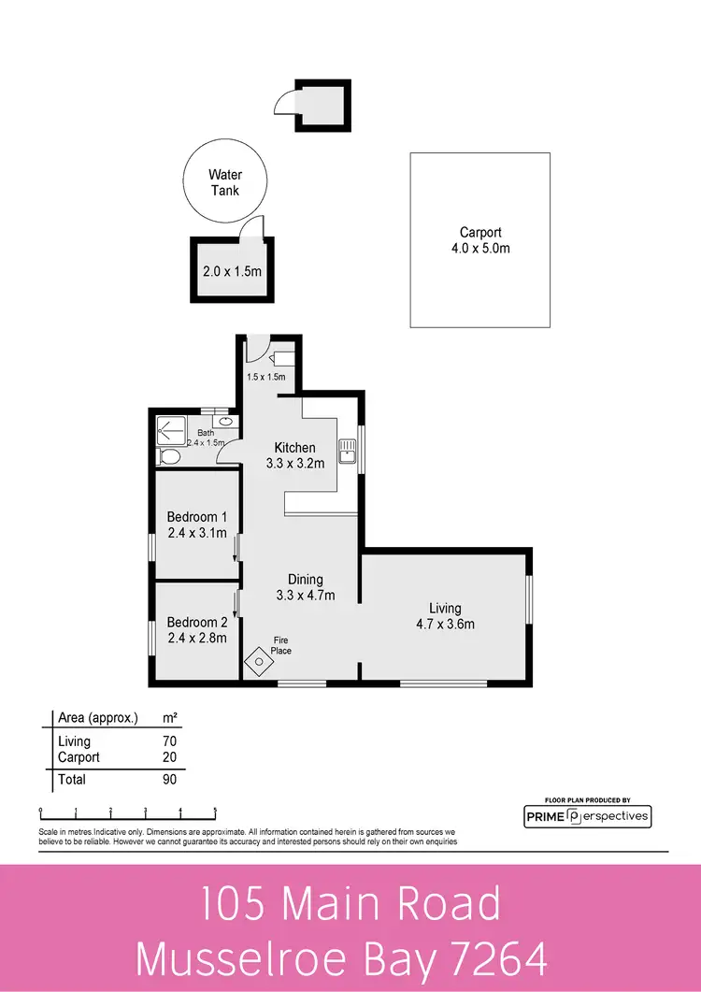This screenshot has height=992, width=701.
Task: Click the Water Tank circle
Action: click(x=224, y=182)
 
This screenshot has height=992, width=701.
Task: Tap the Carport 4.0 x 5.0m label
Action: click(x=480, y=240)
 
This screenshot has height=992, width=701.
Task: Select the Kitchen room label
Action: click(x=294, y=447)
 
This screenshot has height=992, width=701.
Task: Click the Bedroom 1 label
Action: click(x=197, y=516)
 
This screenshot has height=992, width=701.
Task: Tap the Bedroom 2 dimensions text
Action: click(x=197, y=640)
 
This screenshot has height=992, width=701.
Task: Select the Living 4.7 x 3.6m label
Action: click(x=445, y=616)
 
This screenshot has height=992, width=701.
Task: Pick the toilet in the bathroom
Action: click(x=170, y=456)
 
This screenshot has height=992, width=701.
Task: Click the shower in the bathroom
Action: click(x=168, y=427)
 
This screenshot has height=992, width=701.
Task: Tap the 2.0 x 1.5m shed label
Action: click(x=231, y=273)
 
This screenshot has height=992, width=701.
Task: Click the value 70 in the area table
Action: click(x=168, y=741)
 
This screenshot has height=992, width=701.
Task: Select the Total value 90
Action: click(x=168, y=779)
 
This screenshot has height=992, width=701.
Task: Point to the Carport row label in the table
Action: click(x=79, y=757)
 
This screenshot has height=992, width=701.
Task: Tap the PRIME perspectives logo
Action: click(x=587, y=816)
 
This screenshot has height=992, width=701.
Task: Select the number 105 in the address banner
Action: click(x=233, y=904)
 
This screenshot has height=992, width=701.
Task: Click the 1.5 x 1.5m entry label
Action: click(x=266, y=377)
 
